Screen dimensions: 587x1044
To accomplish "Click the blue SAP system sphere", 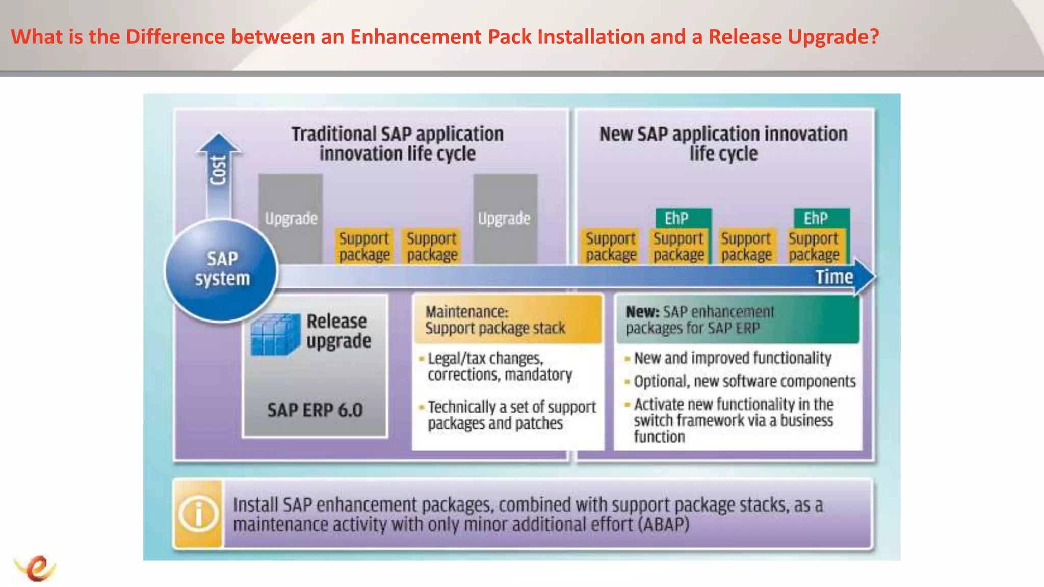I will [221, 270].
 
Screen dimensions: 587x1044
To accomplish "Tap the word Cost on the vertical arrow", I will [218, 171].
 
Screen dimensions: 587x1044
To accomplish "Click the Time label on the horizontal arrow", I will [833, 277].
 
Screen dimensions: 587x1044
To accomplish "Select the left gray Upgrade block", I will [291, 219].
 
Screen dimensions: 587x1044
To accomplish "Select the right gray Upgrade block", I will [505, 219].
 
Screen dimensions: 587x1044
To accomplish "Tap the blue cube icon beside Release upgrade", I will [275, 334].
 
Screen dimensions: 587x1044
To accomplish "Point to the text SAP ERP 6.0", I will [315, 410].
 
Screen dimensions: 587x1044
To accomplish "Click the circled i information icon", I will [198, 514].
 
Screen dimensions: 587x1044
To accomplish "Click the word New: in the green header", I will [642, 311].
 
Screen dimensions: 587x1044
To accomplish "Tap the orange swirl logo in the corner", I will [36, 568].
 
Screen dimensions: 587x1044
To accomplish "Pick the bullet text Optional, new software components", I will [744, 381].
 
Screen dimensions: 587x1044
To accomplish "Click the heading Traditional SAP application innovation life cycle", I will [397, 144].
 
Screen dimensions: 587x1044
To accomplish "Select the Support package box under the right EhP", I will [814, 247].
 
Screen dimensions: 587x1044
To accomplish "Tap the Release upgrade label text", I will [338, 331].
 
